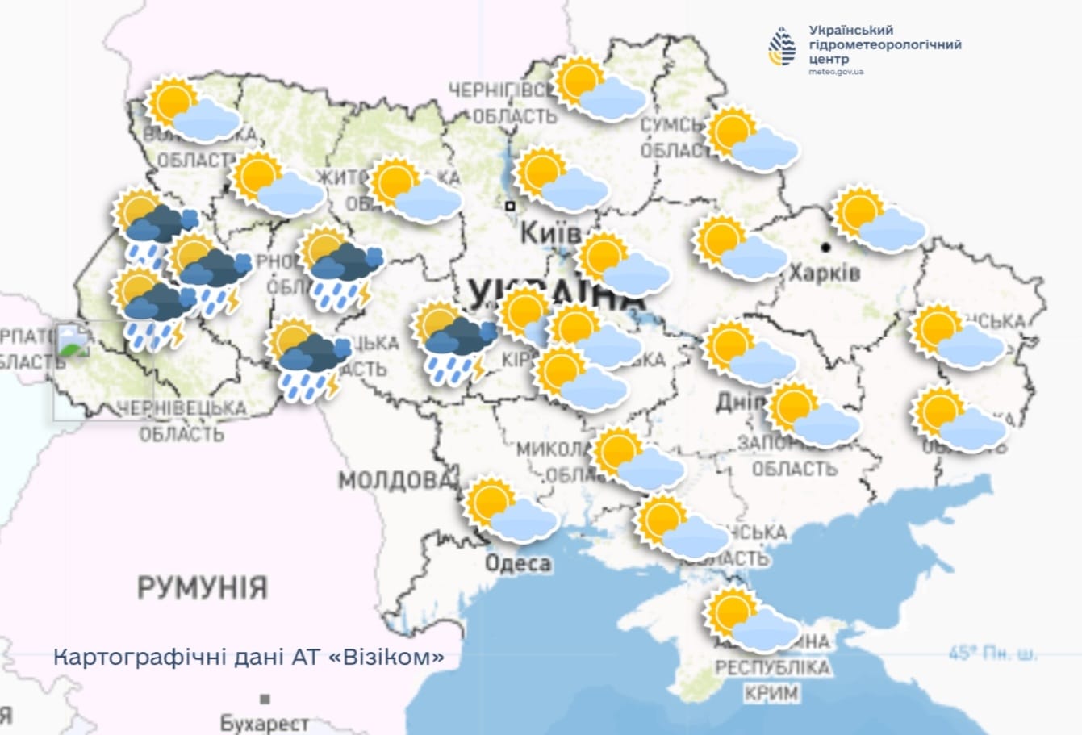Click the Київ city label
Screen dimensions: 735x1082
pyautogui.click(x=550, y=234)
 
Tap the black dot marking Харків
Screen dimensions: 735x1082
pyautogui.click(x=825, y=246)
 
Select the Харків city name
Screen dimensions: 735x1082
pyautogui.click(x=824, y=273)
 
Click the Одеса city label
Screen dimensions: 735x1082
pyautogui.click(x=518, y=563)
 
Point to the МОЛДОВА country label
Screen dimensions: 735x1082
pyautogui.click(x=393, y=481)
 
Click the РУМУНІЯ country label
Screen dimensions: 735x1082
pyautogui.click(x=202, y=587)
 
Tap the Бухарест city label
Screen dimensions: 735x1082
pyautogui.click(x=265, y=723)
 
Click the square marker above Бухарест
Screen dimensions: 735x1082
pyautogui.click(x=265, y=699)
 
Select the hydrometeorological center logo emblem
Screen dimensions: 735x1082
pyautogui.click(x=782, y=46)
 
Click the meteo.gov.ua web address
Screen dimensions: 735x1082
pyautogui.click(x=836, y=72)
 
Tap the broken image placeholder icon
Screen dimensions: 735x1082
pyautogui.click(x=73, y=340)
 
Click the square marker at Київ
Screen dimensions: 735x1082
pyautogui.click(x=510, y=207)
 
